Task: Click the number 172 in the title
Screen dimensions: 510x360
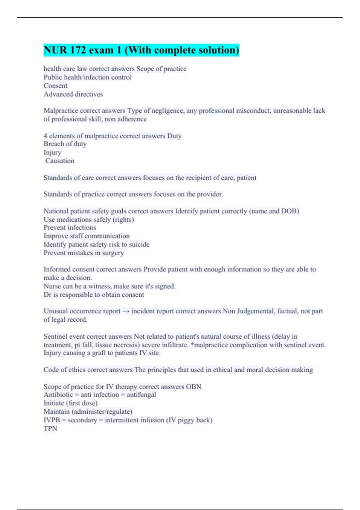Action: click(x=78, y=50)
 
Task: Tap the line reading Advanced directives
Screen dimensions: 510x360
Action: click(x=73, y=94)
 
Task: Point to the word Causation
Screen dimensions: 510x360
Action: click(x=60, y=161)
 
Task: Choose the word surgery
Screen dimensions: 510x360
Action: click(x=113, y=253)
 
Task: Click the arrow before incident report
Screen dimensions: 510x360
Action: click(x=126, y=311)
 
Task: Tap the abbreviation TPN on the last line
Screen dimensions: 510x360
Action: click(x=50, y=428)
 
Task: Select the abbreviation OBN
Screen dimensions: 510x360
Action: click(x=193, y=387)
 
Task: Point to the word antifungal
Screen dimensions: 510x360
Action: click(x=141, y=395)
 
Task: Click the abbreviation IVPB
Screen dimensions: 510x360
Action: click(x=52, y=420)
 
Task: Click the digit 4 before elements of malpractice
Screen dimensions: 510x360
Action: click(x=45, y=136)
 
